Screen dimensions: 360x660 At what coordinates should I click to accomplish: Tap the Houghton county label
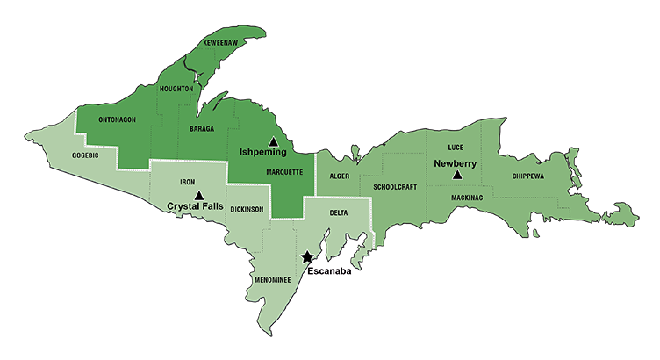point(176,89)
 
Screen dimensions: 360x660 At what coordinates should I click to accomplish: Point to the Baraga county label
point(202,128)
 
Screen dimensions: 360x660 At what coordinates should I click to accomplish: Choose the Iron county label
point(187,182)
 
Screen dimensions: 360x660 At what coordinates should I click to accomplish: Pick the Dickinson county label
point(247,210)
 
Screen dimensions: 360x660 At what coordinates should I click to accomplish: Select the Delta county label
point(340,213)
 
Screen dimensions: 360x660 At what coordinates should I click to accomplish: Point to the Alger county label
point(340,176)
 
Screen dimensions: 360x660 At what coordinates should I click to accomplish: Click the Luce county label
point(456,148)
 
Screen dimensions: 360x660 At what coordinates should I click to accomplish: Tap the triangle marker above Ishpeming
point(273,141)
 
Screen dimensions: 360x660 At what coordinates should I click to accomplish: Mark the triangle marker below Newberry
point(457,175)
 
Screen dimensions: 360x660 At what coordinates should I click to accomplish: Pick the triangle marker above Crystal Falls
point(199,194)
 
